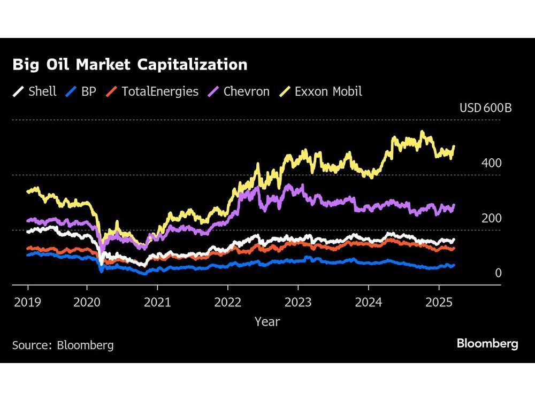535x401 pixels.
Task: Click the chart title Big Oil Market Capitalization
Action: [129, 65]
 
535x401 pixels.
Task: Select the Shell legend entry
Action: [35, 91]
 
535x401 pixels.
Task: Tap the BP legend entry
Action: [80, 91]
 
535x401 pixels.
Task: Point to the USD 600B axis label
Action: [485, 108]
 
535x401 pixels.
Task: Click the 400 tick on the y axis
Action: [491, 163]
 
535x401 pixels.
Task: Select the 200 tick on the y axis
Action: [491, 218]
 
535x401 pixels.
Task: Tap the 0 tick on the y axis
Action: [498, 273]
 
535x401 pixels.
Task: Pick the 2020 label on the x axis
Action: [87, 302]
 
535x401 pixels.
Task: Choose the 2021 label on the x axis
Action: [157, 302]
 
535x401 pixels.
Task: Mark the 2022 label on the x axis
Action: [227, 302]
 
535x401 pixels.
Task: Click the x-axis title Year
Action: [267, 321]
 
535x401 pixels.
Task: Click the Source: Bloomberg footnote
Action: [63, 345]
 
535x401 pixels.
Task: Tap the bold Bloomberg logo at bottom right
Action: [487, 344]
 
